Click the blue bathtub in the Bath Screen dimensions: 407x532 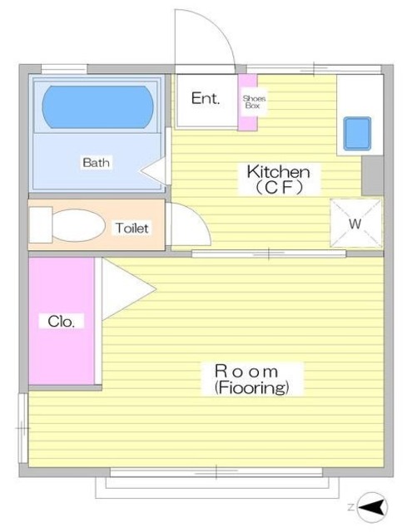(97, 107)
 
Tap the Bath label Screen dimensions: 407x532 (97, 163)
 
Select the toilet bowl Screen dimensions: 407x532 (79, 225)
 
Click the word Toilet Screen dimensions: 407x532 (132, 228)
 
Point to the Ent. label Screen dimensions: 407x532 (206, 98)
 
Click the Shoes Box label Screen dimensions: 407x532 (254, 101)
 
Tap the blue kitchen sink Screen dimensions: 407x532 (357, 133)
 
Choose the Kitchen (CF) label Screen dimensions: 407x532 (279, 180)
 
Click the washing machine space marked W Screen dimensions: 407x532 (356, 223)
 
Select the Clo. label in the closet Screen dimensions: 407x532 (61, 322)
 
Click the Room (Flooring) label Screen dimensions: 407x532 (251, 379)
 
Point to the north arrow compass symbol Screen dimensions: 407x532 (373, 508)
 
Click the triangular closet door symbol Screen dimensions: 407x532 (129, 289)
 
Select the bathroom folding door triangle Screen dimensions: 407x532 (153, 170)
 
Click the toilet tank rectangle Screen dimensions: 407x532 (41, 225)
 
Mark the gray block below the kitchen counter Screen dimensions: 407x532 (372, 175)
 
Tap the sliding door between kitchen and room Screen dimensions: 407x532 (269, 254)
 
